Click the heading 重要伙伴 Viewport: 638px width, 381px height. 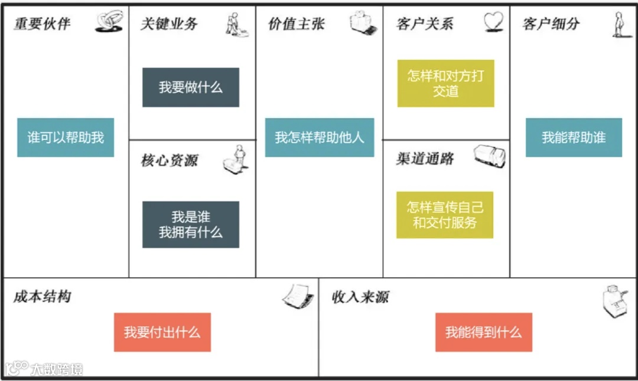point(42,24)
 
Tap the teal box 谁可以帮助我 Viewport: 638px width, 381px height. point(66,137)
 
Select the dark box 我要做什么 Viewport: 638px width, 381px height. point(191,87)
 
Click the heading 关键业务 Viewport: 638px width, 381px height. point(169,24)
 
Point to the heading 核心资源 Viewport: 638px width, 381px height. point(169,160)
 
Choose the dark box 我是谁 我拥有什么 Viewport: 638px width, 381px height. point(191,225)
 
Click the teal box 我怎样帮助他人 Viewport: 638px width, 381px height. point(320,137)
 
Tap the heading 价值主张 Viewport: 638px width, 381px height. point(296,24)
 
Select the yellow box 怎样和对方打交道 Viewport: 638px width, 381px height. point(445,83)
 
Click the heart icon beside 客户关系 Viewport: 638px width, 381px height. point(493,21)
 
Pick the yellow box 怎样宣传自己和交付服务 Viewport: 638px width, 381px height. point(445,215)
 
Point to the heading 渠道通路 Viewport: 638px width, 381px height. point(425,159)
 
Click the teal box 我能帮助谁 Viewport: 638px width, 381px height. point(574,137)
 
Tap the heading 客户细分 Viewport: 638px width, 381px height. point(551,24)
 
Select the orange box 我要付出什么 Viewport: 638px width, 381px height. point(162,332)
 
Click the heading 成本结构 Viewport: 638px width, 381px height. point(42,296)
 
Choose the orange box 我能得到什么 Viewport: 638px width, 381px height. point(484,332)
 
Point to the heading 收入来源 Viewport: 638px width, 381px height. point(360,297)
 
